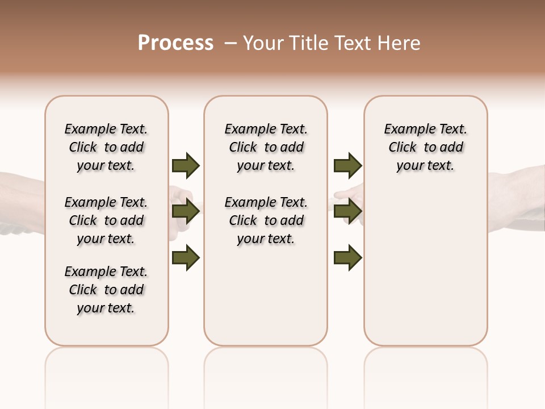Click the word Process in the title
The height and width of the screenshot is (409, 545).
[x=175, y=43]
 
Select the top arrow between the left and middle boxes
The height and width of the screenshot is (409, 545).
[x=186, y=165]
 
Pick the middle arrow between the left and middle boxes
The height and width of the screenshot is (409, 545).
[x=186, y=212]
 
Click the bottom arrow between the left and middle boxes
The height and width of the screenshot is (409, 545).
[x=186, y=258]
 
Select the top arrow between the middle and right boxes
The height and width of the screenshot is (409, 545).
[x=347, y=165]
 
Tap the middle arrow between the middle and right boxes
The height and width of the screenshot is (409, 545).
[x=347, y=212]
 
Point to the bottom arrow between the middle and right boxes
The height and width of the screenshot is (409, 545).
[x=347, y=258]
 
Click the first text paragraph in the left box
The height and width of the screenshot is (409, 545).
[x=106, y=147]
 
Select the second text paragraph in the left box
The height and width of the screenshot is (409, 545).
[x=106, y=220]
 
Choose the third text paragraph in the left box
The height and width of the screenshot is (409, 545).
[x=106, y=290]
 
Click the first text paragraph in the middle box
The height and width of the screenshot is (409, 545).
[x=266, y=147]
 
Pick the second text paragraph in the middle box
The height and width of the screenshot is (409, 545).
[x=266, y=220]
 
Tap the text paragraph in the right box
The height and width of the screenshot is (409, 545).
[x=426, y=147]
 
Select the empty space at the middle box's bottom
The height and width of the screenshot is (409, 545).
[x=266, y=301]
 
